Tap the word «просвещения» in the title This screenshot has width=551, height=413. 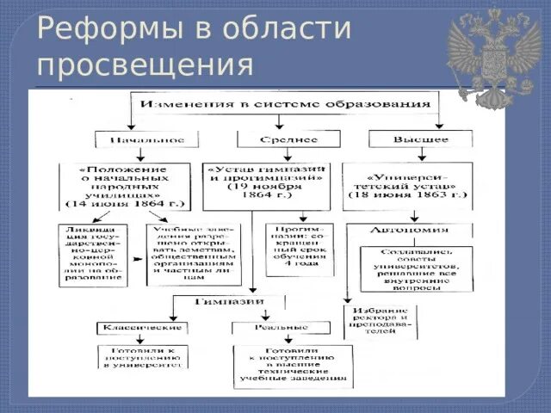coord(145,64)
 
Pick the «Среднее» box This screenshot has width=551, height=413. coord(288,139)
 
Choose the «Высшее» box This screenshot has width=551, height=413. coord(420,139)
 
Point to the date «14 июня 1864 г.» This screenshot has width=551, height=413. coord(126,205)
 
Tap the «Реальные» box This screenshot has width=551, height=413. coord(281,328)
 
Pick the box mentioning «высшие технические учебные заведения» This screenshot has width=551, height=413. coord(293,366)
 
